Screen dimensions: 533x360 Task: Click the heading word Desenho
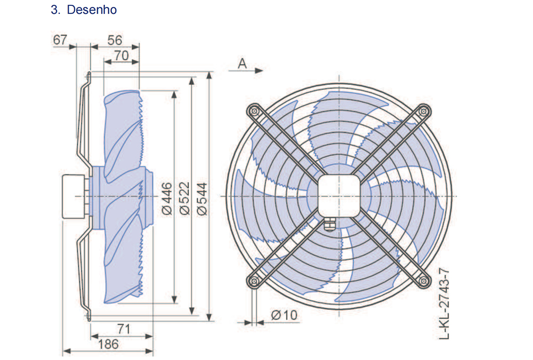pos(92,10)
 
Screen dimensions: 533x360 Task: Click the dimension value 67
pos(60,40)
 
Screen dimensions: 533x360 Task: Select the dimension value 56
pos(115,40)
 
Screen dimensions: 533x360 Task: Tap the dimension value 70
pos(122,55)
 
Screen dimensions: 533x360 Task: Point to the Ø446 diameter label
pos(167,199)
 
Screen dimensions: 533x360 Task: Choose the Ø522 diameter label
pos(184,198)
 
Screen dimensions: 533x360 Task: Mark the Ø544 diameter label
pos(202,199)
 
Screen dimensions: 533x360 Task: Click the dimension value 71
pos(124,329)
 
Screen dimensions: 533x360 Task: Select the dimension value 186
pos(108,345)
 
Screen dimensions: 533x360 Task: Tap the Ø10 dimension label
pos(284,315)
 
